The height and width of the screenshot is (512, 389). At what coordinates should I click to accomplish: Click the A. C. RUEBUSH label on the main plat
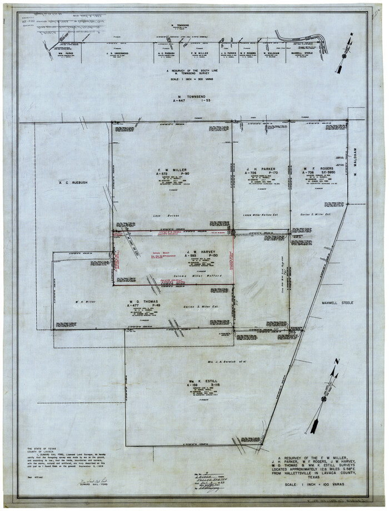click(71, 182)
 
